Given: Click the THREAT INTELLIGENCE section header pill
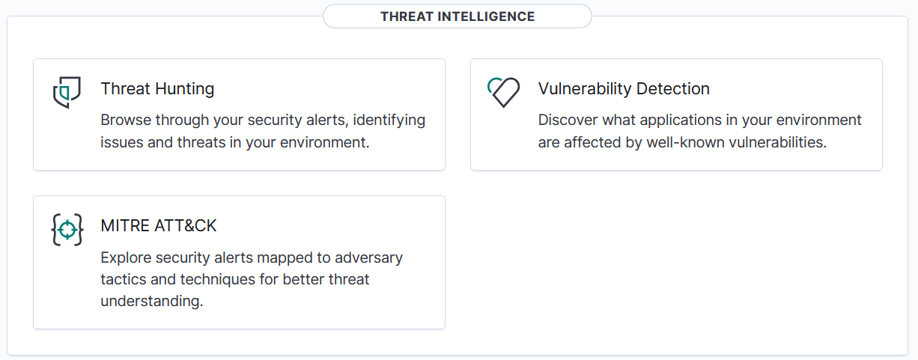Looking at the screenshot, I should [x=457, y=16].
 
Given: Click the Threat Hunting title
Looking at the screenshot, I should [x=157, y=88].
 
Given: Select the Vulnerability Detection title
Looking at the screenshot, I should [x=623, y=88].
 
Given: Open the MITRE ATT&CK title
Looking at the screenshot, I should [x=159, y=226].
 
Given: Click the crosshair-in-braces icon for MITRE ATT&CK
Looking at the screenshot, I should [x=67, y=230].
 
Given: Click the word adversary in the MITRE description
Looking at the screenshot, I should [x=368, y=257].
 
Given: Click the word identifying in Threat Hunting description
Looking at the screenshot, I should [x=389, y=120].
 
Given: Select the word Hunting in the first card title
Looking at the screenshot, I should [x=185, y=88].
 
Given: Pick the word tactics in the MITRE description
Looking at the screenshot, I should [x=122, y=280].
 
